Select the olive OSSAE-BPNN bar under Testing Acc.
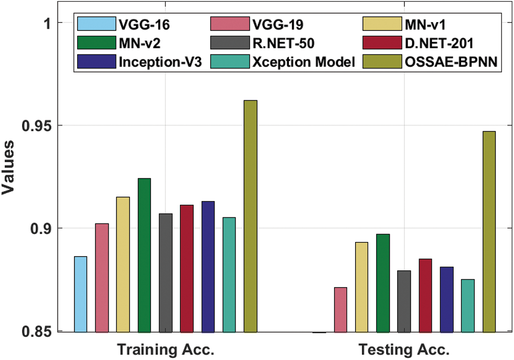pos(489,231)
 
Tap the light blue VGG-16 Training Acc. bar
pos(81,294)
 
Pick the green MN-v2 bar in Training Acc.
pos(144,255)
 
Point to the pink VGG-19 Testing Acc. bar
pos(340,310)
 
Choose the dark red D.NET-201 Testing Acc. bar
pos(425,295)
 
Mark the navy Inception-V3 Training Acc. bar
pos(208,267)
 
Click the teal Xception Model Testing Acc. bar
pos(468,305)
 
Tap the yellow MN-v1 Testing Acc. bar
pos(362,287)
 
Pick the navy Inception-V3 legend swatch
pos(95,62)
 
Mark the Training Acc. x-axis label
pos(166,350)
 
